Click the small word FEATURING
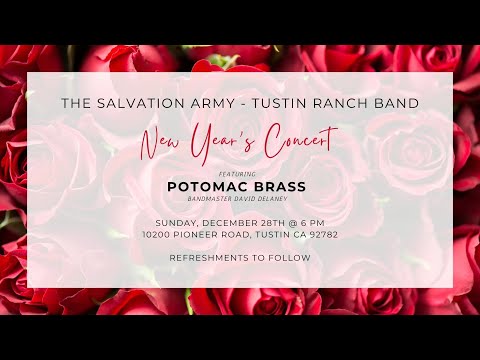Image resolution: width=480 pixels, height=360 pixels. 239,172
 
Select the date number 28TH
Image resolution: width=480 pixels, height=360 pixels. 262,221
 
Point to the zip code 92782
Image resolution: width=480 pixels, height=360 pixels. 320,234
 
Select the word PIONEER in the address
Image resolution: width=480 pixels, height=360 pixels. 206,234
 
